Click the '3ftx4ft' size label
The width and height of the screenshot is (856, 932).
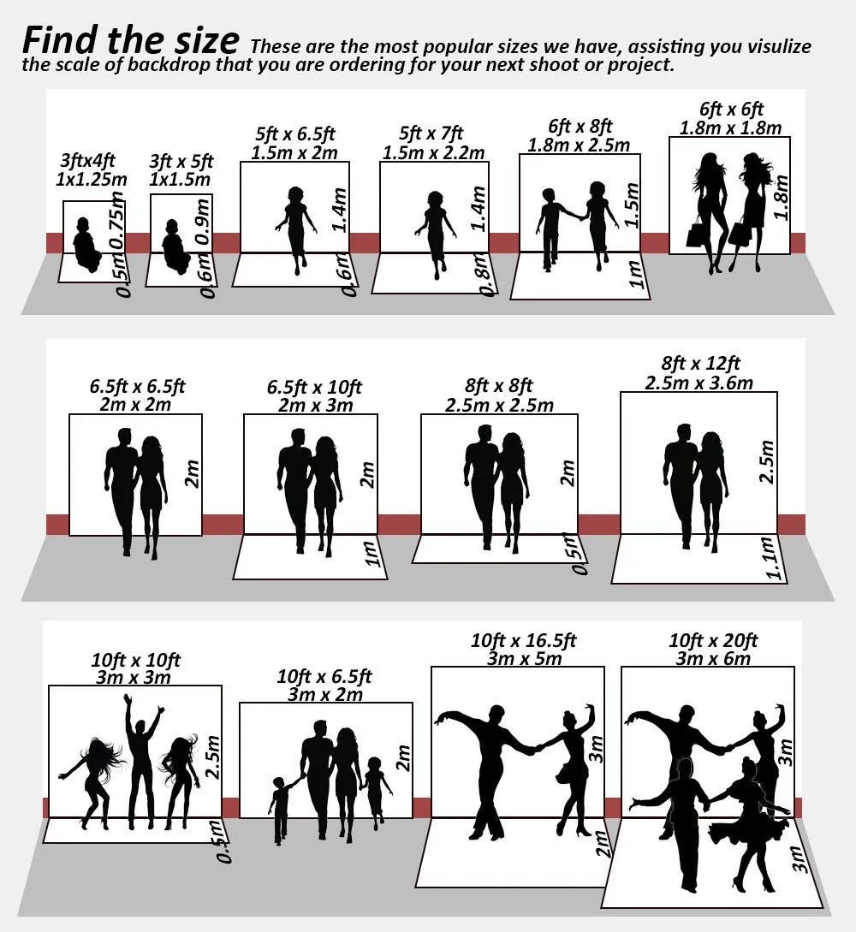coord(87,161)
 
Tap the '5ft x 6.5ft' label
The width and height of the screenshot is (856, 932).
coord(295,134)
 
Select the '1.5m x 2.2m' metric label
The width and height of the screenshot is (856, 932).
coord(433,153)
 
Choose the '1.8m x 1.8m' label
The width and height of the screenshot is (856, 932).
coord(730,128)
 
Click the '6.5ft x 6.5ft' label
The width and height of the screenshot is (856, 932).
coord(137,386)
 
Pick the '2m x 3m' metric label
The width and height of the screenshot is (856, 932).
coord(314,405)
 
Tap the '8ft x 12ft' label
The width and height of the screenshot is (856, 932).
coord(700,363)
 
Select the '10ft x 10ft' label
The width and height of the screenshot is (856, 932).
coord(136,660)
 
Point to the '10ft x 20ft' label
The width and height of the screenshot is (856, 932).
coord(713,640)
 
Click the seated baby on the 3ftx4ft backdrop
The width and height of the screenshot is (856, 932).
coord(86,246)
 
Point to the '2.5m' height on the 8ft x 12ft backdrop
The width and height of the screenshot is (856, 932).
coord(766,462)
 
